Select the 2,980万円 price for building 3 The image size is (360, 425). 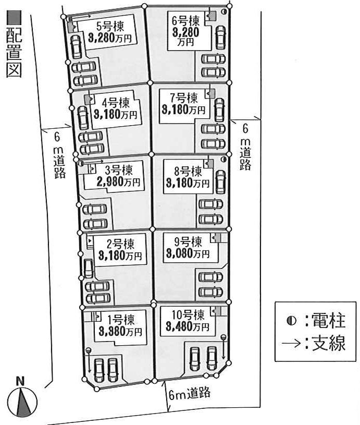[x=118, y=181]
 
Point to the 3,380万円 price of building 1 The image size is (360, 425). [x=119, y=331]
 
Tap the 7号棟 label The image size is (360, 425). [x=184, y=98]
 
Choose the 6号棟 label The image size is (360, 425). [x=186, y=21]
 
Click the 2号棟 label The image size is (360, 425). [x=120, y=244]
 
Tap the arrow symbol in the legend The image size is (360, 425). [x=289, y=343]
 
